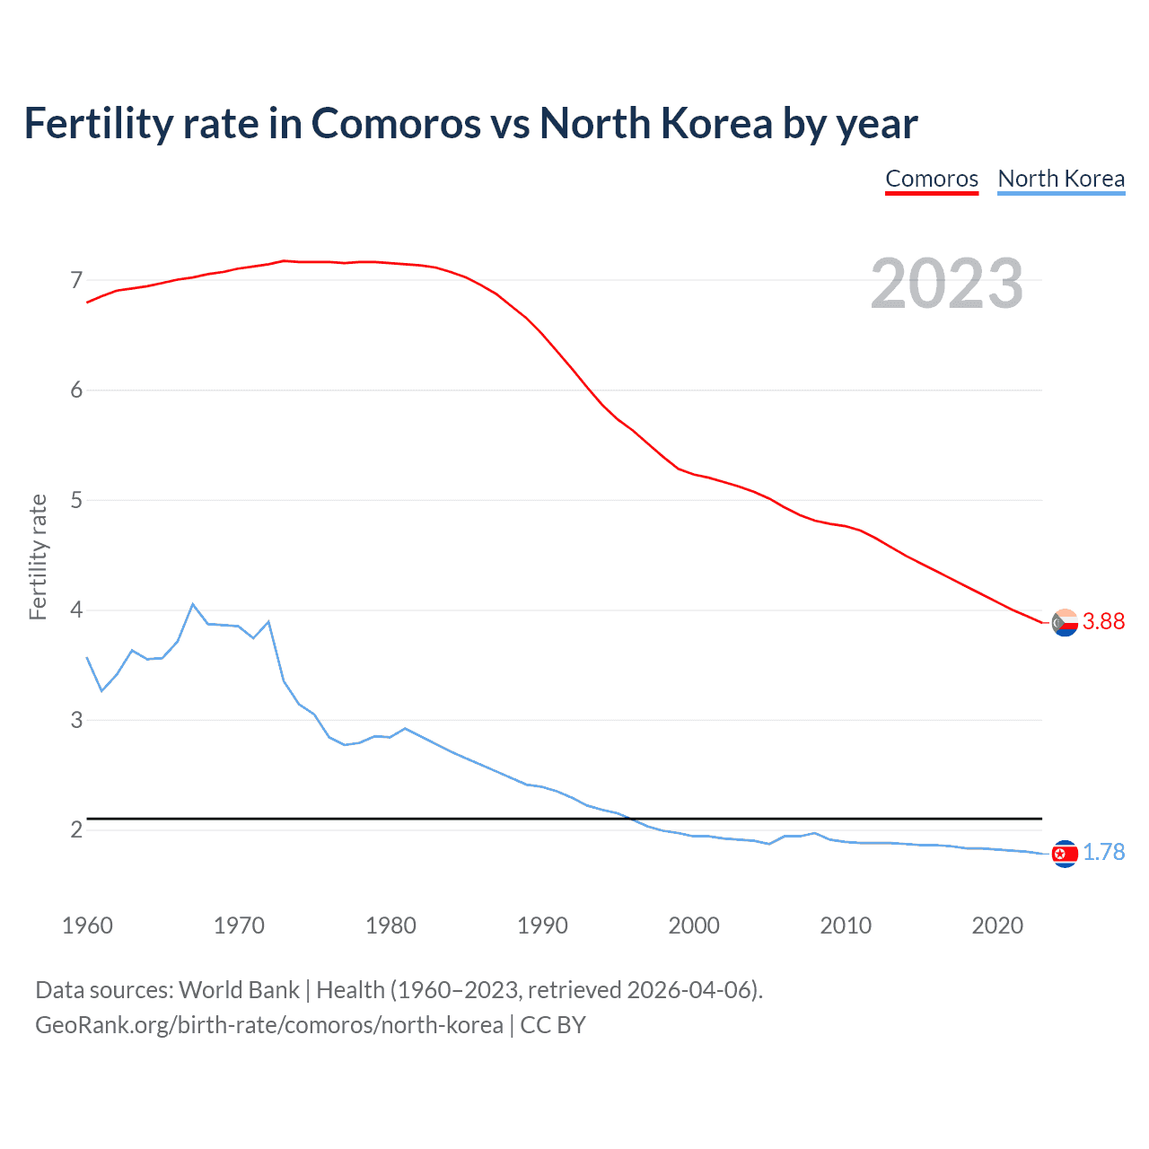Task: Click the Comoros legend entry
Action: pos(932,179)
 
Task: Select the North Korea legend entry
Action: pos(1061,179)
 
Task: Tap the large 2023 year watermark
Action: pos(947,284)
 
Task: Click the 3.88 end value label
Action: pos(1103,621)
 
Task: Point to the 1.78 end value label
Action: pos(1103,852)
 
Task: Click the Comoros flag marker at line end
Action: pos(1065,622)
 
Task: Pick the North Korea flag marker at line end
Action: pos(1065,854)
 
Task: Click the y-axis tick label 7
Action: pos(76,280)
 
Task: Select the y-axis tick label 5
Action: pos(76,500)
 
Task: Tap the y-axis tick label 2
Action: pos(76,829)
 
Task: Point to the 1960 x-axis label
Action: pos(87,925)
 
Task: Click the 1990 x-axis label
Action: pos(542,925)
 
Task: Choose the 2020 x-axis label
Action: pos(997,925)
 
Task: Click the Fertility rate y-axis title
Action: pos(38,557)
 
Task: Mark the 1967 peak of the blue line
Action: pos(193,604)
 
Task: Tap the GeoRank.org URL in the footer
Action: pos(268,1025)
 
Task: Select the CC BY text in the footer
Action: pos(553,1025)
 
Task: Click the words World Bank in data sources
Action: pos(239,990)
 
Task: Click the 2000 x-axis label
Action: pos(694,925)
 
